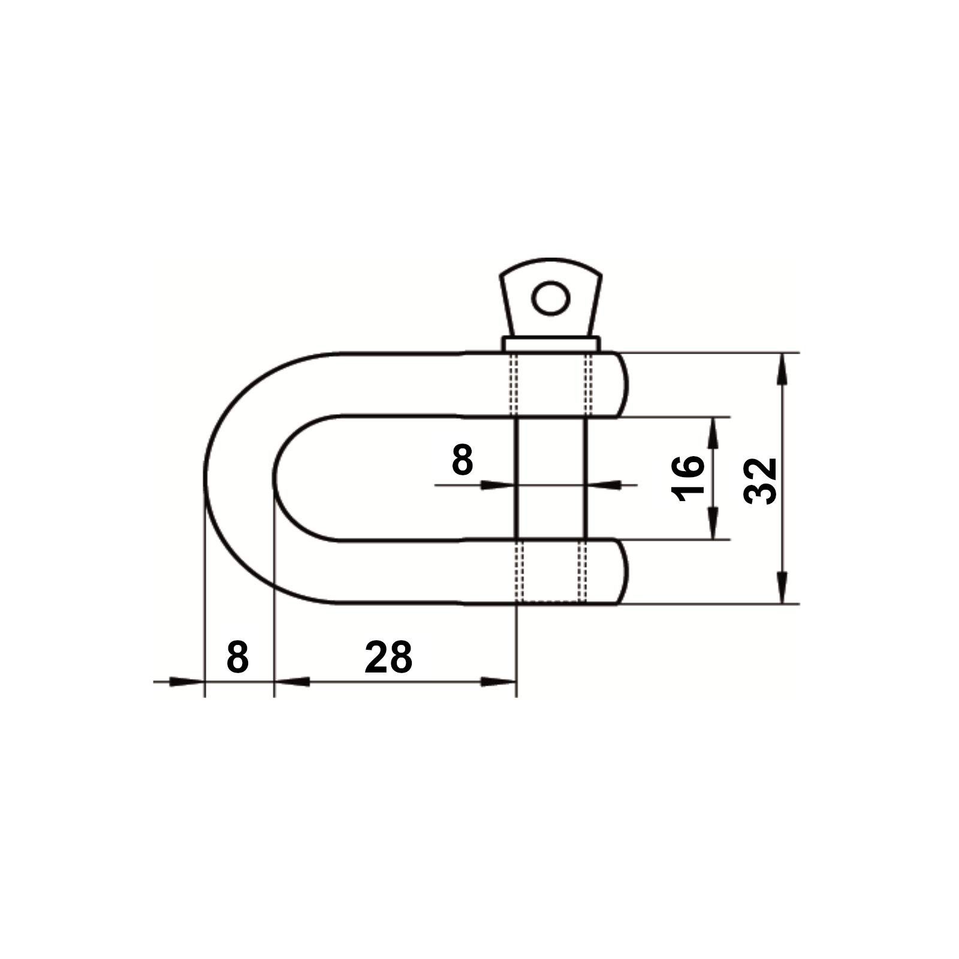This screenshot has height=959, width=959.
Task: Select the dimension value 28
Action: click(388, 658)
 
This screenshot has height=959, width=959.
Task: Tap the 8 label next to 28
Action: click(237, 658)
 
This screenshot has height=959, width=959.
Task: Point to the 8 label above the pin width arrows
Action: click(462, 461)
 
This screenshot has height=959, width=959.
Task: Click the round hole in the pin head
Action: click(551, 298)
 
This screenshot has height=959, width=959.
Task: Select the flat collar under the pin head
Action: click(551, 344)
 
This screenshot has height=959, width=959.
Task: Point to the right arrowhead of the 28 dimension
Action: click(499, 681)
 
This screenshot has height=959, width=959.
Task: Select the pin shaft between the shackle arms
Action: click(551, 479)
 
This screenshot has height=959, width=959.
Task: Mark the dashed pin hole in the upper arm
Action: click(551, 384)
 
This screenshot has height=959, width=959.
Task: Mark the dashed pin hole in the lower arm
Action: click(551, 572)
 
